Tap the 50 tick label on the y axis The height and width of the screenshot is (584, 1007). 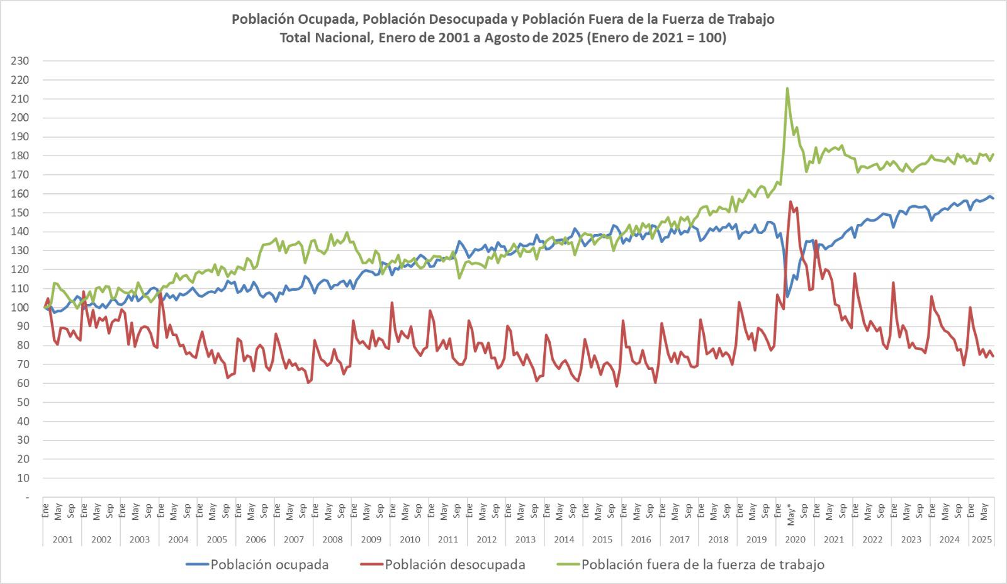[24, 402]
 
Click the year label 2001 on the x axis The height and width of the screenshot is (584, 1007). [63, 539]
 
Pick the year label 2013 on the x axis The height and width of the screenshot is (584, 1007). [525, 539]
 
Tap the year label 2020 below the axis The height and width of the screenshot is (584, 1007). [795, 539]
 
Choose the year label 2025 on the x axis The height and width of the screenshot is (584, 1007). [982, 539]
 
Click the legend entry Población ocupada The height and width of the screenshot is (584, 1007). [269, 564]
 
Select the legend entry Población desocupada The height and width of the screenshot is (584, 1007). [454, 564]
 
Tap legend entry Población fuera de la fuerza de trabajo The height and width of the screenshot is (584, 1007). [702, 564]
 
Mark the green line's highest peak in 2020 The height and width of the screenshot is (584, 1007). [787, 89]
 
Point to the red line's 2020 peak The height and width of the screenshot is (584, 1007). [790, 202]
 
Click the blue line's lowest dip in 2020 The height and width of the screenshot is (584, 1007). [787, 296]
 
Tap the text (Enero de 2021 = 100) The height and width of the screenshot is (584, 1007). [656, 38]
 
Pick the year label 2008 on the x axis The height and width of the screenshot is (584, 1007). [332, 539]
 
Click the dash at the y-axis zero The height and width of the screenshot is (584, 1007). [27, 497]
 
